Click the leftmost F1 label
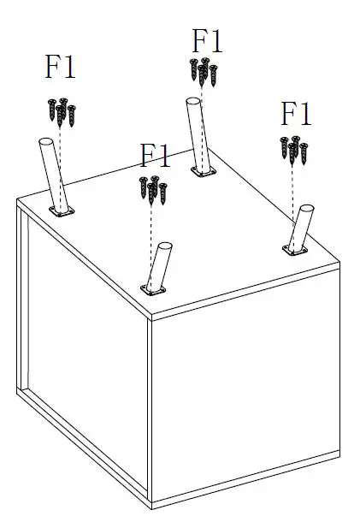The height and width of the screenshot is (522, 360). pos(61,68)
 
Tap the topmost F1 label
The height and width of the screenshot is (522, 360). pos(208,40)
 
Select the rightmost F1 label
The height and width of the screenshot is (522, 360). pos(296,113)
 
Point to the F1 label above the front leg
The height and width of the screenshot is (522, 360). pos(156,157)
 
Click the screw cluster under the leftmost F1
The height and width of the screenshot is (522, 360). pos(62,110)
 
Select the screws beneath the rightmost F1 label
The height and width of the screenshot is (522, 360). pos(293,150)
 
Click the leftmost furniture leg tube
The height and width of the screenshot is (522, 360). pos(51,172)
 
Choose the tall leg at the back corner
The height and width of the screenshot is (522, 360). pos(198,133)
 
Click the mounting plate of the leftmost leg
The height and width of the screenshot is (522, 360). pos(62,211)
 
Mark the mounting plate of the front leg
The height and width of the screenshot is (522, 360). pos(155,291)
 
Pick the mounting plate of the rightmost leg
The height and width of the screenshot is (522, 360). pos(295,249)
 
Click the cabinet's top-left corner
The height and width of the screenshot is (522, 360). pos(18,202)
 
